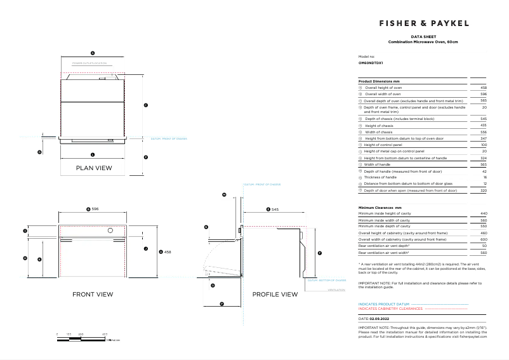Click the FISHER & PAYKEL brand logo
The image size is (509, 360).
pos(424,23)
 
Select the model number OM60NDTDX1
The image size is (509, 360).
pos(371,63)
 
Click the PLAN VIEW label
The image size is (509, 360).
pos(94,168)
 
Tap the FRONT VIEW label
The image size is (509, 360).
pos(93,294)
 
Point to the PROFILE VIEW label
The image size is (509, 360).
pos(275,294)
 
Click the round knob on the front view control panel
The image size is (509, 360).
pos(110,232)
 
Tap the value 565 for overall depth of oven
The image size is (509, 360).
pos(484,100)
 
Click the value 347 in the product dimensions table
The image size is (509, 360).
pos(484,138)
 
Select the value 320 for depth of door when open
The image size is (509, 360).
pos(484,190)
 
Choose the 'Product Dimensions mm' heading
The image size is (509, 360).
pos(379,82)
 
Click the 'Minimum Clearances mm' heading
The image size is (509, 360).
pos(380,208)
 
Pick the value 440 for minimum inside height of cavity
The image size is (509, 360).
pos(484,213)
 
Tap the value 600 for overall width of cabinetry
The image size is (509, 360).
pos(484,239)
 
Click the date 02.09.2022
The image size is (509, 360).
pos(378,318)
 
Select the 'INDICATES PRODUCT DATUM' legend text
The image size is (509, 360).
pos(384,304)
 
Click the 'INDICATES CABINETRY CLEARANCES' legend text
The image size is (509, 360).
pos(390,308)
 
